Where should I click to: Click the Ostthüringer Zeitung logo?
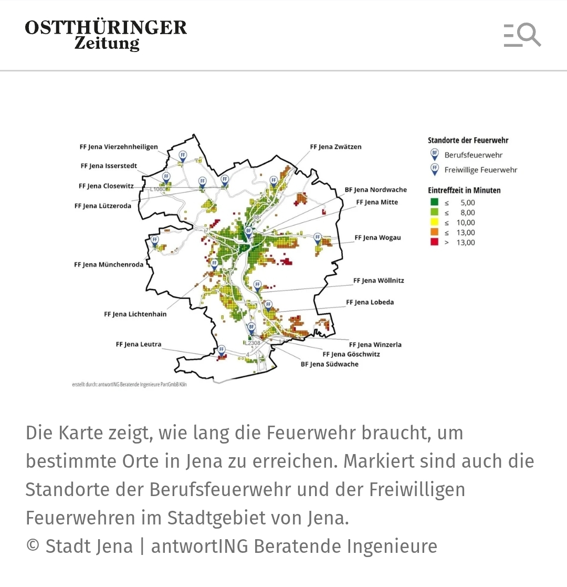106,35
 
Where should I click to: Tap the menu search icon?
522,35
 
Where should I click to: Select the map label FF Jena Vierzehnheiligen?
119,147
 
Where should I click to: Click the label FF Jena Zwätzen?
335,147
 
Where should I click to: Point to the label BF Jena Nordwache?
375,190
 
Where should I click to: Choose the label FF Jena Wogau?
377,238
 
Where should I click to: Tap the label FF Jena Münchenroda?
109,265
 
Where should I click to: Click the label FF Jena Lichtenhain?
135,314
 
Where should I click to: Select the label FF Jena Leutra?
139,345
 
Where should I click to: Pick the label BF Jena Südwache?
329,364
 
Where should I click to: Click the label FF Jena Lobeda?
370,303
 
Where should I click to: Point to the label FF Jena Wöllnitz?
379,281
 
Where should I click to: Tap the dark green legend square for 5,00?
434,202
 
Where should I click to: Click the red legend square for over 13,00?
434,242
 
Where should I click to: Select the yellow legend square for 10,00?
434,222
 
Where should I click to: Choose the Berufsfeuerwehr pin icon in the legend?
434,155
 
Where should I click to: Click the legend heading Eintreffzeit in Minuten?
464,190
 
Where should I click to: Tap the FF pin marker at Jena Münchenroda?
155,241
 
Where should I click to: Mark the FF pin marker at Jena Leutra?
222,350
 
